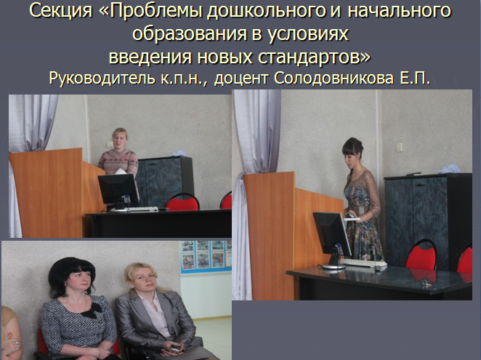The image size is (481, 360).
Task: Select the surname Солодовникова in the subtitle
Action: coord(334,78)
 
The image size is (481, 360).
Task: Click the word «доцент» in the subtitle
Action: coord(242,79)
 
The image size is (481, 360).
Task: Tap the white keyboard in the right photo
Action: coord(364,263)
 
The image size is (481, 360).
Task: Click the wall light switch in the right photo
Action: coord(399,147)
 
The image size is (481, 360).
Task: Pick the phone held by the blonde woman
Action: coord(175,348)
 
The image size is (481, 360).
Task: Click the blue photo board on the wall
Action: coord(205,257)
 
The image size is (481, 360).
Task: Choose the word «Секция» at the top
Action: coord(61,11)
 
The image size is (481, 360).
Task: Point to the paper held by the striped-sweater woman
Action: coord(121,172)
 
